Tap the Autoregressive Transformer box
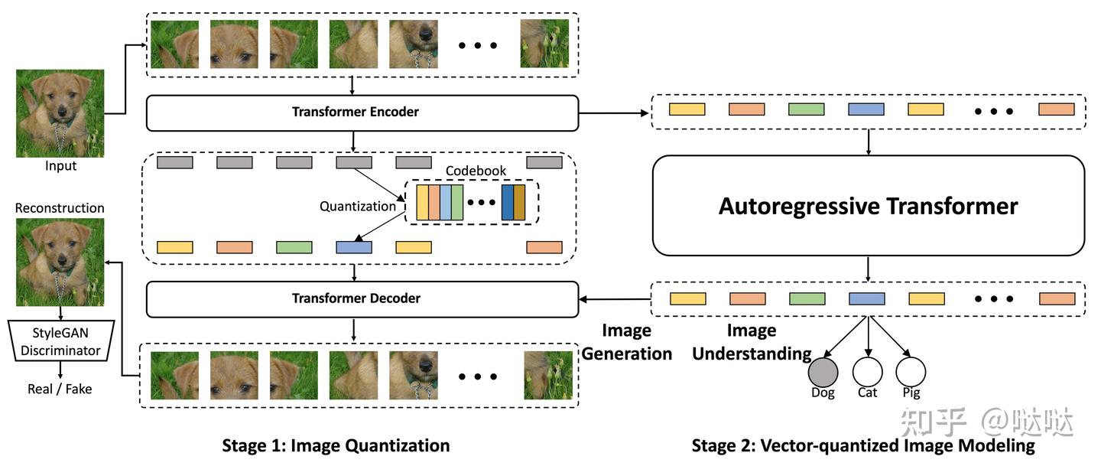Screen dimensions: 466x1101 pos(868,206)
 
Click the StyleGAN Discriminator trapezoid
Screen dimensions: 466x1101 pos(60,342)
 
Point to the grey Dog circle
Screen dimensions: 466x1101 pos(823,373)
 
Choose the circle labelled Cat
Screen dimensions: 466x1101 pos(867,373)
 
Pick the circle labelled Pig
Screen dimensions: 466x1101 pos(911,373)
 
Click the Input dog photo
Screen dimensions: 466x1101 pos(60,113)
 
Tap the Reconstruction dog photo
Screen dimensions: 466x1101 pos(60,262)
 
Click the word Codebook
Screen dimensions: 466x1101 pos(476,171)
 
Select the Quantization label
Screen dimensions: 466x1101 pos(358,206)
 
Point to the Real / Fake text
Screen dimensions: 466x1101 pos(60,389)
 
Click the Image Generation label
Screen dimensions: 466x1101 pos(626,342)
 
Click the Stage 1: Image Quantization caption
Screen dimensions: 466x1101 pos(336,445)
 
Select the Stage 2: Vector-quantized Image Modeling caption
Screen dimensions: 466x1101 pos(863,445)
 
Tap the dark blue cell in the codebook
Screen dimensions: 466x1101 pos(508,203)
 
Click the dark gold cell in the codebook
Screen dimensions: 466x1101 pos(520,203)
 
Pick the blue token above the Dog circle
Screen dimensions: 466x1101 pos(866,298)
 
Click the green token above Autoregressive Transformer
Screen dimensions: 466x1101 pos(807,109)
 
